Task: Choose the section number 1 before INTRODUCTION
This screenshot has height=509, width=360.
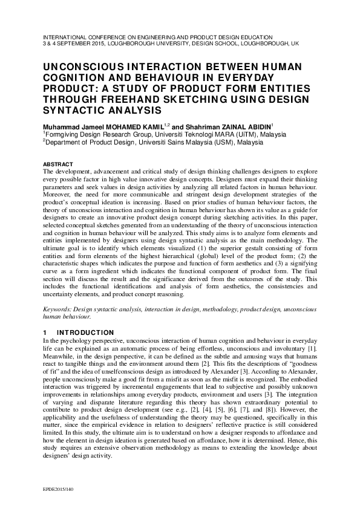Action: (x=45, y=332)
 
